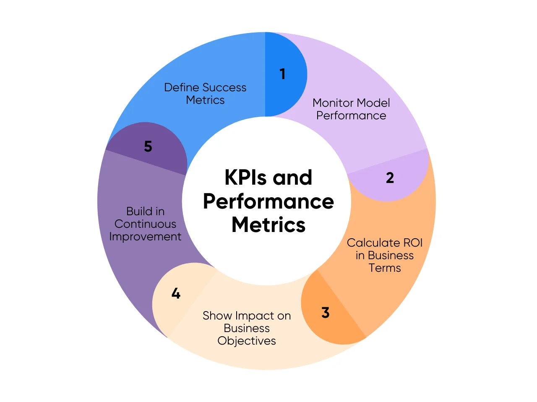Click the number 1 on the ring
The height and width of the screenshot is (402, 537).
tap(283, 74)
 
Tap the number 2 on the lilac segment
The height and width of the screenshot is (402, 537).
tap(390, 178)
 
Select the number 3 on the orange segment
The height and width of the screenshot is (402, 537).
tap(326, 312)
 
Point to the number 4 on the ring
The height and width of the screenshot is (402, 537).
tap(176, 293)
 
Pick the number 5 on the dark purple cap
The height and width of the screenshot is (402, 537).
tap(148, 146)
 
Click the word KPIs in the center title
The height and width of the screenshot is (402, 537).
tap(245, 178)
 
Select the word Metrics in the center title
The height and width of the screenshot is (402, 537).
tap(268, 224)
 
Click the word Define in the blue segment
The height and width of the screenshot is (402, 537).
tap(182, 88)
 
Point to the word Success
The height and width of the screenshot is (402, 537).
tap(224, 88)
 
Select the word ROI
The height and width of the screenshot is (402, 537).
tap(413, 242)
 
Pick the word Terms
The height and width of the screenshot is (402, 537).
tap(385, 268)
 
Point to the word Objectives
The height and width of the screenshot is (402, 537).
tap(247, 341)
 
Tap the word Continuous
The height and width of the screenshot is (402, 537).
tap(145, 224)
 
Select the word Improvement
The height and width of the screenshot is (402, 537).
tap(145, 237)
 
